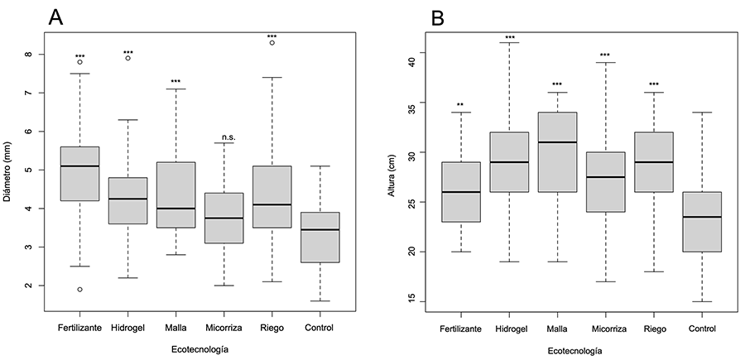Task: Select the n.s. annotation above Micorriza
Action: click(x=223, y=137)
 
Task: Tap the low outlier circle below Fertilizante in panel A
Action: click(x=79, y=290)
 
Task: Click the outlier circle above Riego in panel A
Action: click(x=272, y=43)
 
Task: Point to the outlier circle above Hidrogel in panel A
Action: click(x=127, y=58)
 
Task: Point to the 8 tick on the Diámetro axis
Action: click(x=29, y=55)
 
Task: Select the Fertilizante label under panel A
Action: click(x=79, y=328)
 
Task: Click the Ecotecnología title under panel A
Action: click(x=199, y=350)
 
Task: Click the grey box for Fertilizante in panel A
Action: click(x=79, y=174)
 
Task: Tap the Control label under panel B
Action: click(x=703, y=328)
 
